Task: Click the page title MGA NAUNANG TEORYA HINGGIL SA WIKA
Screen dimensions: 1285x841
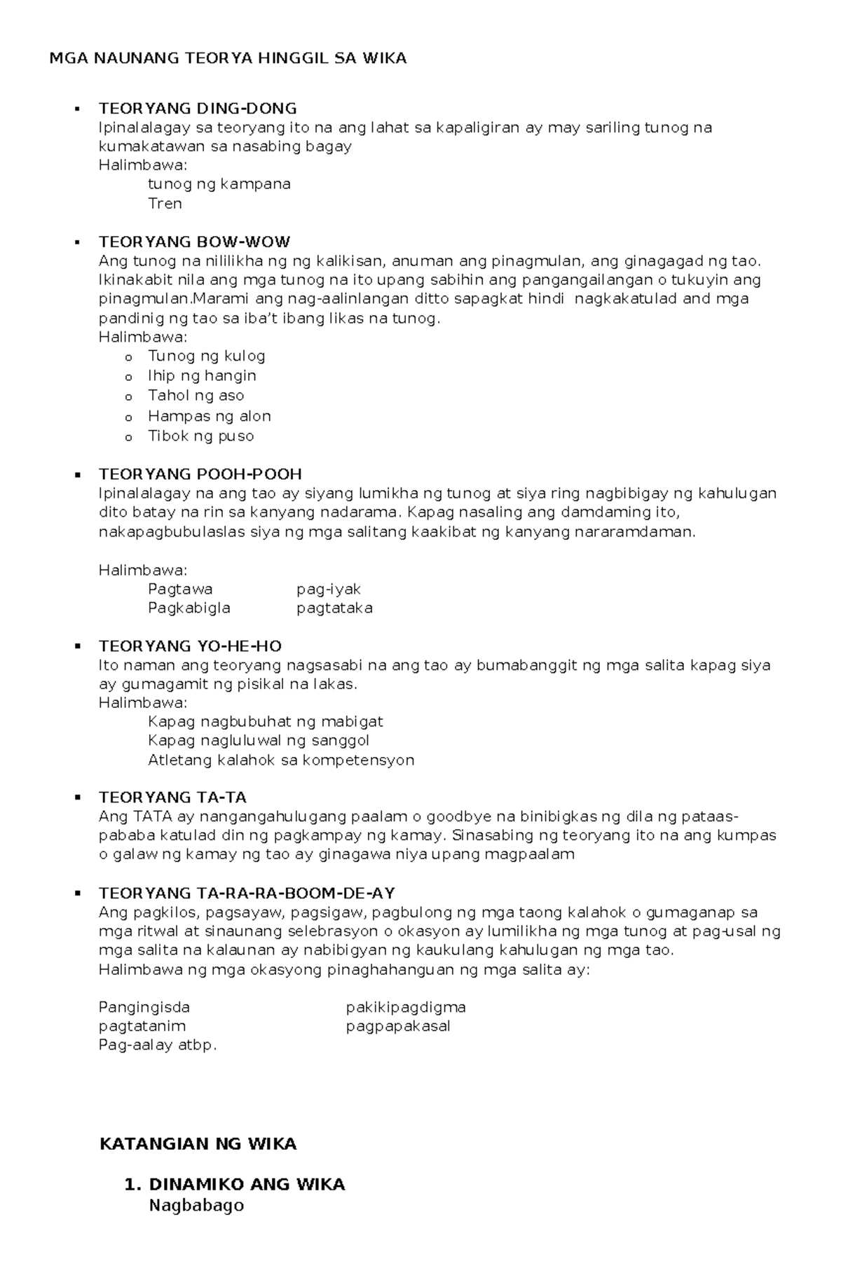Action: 228,58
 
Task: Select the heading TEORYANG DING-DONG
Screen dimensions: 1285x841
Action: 198,109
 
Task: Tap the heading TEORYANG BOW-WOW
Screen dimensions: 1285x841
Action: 194,242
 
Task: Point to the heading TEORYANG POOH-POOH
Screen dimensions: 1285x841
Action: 200,474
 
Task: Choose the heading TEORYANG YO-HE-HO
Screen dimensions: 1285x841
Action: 190,646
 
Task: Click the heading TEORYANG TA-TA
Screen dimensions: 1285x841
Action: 172,798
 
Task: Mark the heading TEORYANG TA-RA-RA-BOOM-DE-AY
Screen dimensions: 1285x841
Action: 247,894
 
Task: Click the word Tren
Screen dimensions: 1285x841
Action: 165,204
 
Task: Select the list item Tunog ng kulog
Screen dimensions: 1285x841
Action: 206,356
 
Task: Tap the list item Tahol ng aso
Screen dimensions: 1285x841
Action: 196,396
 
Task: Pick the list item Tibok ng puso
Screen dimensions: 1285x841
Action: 200,436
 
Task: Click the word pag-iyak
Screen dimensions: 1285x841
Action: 328,589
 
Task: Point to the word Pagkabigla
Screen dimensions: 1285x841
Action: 189,608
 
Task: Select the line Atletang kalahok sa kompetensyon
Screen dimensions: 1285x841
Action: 281,760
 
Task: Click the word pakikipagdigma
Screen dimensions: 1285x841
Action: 406,1007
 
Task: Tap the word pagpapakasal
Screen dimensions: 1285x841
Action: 398,1026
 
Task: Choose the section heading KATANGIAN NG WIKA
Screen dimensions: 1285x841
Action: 198,1144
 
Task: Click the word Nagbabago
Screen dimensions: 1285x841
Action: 196,1205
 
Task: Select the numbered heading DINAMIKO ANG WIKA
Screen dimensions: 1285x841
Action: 247,1185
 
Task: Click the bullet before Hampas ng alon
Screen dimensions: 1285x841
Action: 128,417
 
